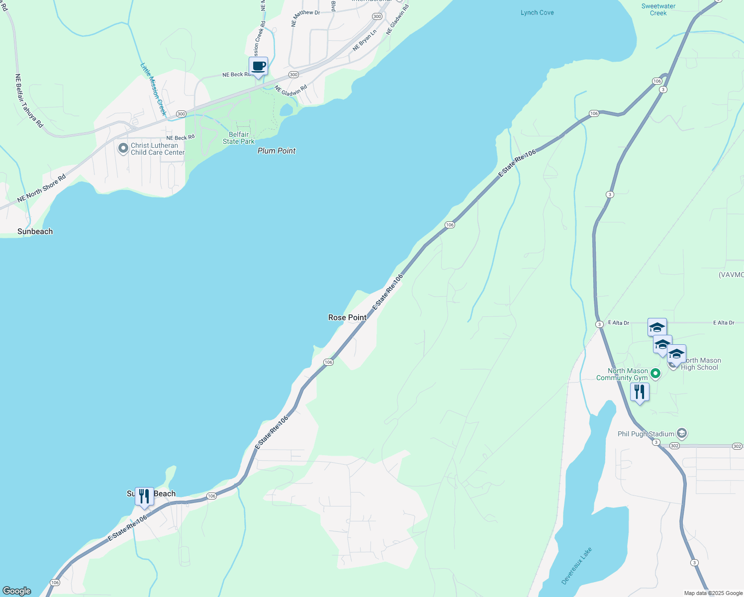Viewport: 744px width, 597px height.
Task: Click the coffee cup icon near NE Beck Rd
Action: coord(258,66)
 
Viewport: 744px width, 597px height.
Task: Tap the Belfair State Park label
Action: coord(239,138)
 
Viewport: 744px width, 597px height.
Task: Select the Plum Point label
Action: coord(277,151)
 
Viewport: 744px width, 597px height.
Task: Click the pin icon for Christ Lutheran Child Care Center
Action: coord(123,148)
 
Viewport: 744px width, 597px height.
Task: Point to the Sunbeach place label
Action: coord(35,231)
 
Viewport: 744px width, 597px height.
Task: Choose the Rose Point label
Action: coord(347,317)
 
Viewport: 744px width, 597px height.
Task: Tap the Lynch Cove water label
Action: coord(537,12)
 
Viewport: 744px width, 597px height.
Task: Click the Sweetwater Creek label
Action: coord(658,9)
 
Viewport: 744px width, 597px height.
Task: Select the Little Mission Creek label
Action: coord(153,89)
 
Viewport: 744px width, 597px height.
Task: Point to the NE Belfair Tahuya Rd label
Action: coord(29,101)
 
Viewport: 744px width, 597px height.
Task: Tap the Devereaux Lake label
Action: coord(577,566)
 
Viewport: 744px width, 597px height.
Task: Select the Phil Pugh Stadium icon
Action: coord(682,434)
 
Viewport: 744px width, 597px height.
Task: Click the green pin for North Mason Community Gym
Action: coord(655,373)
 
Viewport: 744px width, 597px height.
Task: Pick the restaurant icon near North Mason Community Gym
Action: coord(640,392)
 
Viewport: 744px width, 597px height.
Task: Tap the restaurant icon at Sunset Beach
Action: coord(144,496)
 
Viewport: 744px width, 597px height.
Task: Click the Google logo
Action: coord(17,591)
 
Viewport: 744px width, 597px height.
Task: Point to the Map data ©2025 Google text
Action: coord(713,593)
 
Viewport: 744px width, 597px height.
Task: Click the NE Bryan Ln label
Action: coord(365,40)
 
